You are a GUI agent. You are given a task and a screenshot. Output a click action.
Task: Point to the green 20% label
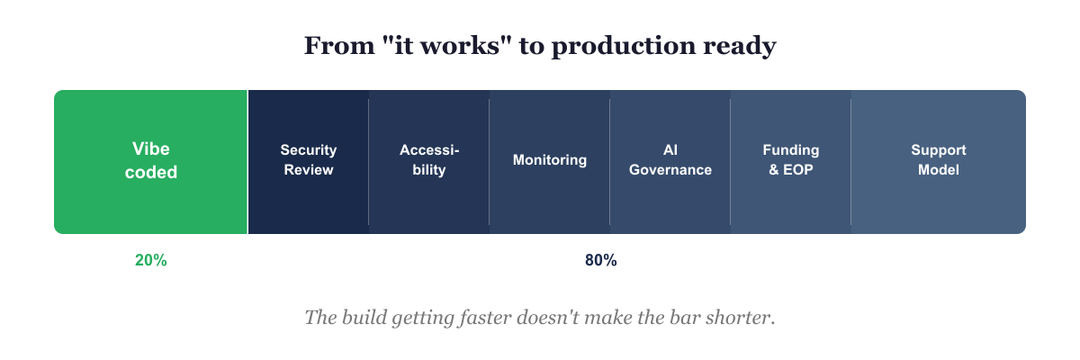click(151, 260)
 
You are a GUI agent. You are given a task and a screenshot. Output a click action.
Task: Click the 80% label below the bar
click(600, 260)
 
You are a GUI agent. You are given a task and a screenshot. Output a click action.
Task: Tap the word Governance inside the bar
click(670, 169)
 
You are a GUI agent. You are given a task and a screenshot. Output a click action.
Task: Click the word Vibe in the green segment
click(151, 148)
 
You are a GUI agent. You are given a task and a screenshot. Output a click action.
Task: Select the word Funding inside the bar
click(790, 149)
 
